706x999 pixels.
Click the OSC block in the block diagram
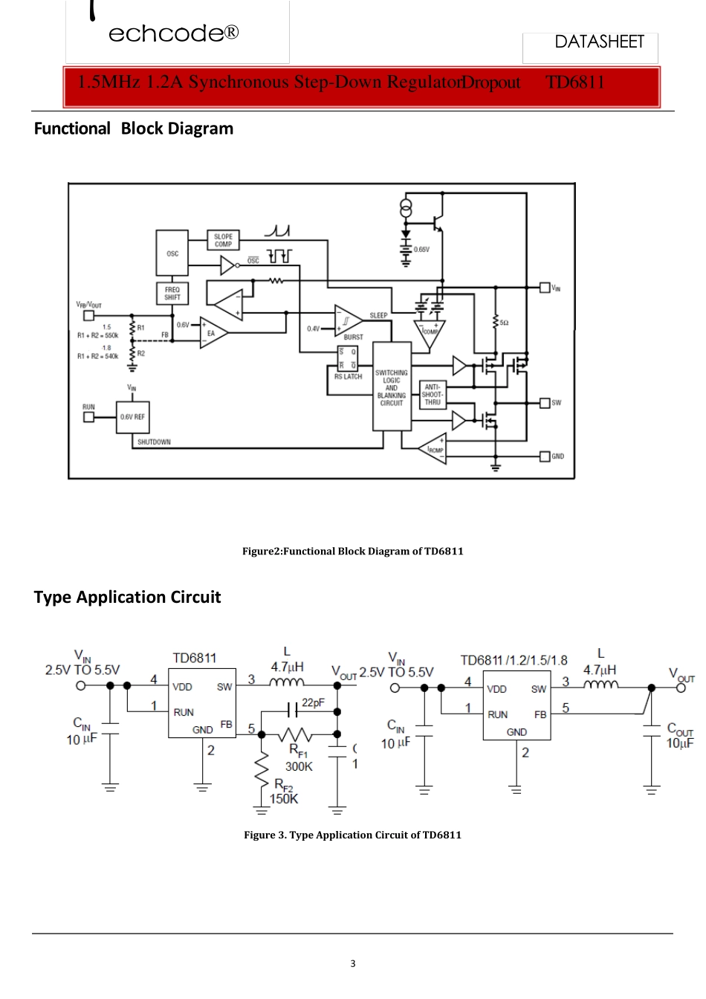click(x=172, y=253)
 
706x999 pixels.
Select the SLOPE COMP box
click(x=223, y=240)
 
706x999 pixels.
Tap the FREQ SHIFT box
click(x=172, y=294)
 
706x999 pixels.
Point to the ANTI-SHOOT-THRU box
click(x=433, y=395)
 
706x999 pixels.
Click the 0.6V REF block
click(x=132, y=417)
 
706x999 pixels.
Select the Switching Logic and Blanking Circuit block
click(x=391, y=387)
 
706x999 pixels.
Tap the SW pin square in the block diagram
click(x=545, y=403)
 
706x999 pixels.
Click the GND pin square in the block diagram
click(x=545, y=456)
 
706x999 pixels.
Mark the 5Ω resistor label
click(x=504, y=323)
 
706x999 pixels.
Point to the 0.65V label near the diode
click(x=421, y=250)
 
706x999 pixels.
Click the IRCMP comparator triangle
click(x=433, y=448)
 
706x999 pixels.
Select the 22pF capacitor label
click(x=313, y=702)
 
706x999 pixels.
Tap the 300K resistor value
click(x=299, y=766)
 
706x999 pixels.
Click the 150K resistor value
click(x=283, y=798)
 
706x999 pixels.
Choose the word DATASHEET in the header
click(x=599, y=42)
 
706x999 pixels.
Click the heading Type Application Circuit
click(x=127, y=597)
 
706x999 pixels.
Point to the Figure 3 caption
click(x=352, y=835)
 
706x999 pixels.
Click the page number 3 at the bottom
click(x=352, y=963)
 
